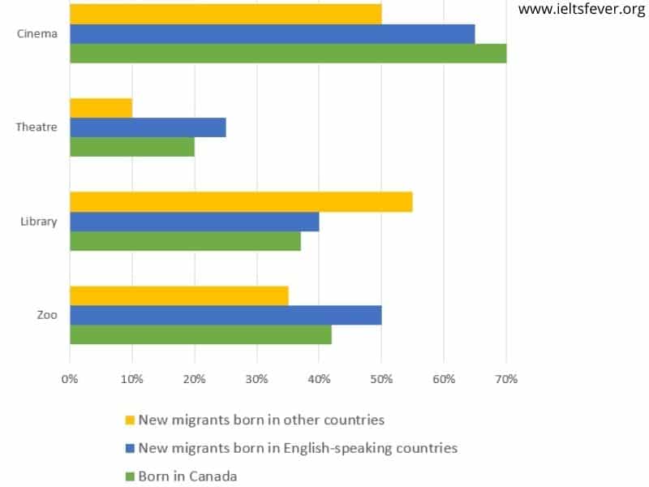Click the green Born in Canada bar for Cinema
288,54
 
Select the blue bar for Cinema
272,34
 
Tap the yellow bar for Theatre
101,108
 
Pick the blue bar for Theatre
148,127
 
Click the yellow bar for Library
241,202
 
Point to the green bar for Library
185,241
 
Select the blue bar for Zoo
226,315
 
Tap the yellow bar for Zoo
178,295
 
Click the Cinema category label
37,34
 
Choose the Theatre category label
37,127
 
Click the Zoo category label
47,315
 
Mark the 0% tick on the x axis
70,378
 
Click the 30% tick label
257,378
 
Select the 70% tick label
506,378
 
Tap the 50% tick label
381,378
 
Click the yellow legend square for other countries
129,420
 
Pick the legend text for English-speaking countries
298,448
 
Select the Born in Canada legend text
187,476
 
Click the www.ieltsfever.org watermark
581,10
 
